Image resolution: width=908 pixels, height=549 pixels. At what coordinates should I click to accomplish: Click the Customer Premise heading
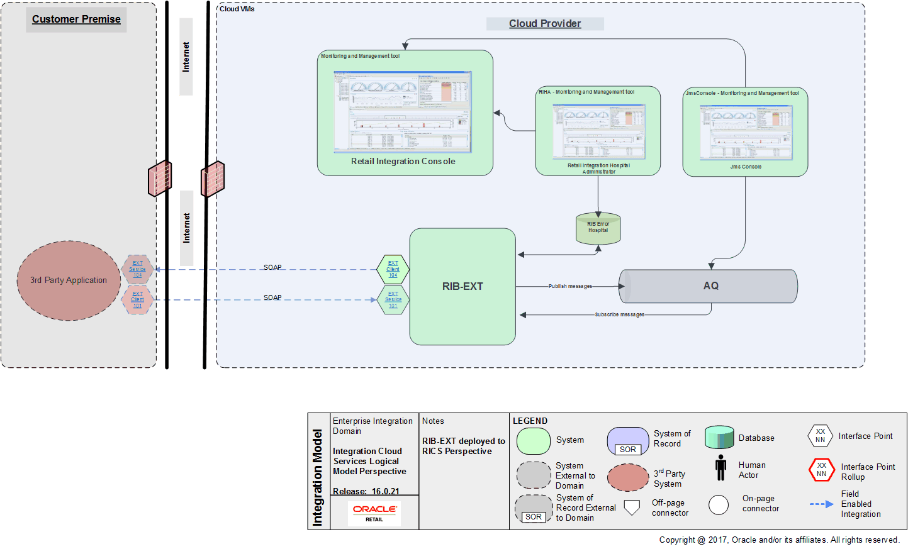(76, 19)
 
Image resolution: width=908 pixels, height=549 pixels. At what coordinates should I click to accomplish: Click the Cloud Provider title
(545, 24)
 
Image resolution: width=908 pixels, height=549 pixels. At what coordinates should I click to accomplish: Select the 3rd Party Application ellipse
(69, 280)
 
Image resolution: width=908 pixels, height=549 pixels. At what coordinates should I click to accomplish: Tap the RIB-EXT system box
(462, 287)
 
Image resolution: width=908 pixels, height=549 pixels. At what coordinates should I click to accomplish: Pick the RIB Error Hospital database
(598, 228)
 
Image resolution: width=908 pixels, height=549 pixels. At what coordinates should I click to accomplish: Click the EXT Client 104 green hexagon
(393, 269)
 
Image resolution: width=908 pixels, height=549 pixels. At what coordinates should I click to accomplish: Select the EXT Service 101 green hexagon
(393, 300)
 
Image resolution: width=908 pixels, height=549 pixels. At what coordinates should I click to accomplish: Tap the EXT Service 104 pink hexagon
(137, 269)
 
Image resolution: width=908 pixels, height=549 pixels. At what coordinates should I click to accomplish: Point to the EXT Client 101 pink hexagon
(137, 299)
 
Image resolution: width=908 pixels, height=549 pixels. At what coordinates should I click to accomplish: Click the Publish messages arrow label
(570, 286)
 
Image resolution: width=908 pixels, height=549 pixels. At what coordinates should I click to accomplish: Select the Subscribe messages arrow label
(619, 314)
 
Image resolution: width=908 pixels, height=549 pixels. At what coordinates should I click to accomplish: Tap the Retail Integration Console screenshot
(403, 112)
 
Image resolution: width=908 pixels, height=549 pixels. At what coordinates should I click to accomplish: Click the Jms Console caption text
(746, 167)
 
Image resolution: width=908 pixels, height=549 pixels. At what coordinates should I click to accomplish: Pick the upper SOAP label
(272, 267)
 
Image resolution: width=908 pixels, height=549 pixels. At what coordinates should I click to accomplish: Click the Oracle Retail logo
(374, 513)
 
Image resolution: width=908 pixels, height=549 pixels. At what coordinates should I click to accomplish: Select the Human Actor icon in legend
(721, 468)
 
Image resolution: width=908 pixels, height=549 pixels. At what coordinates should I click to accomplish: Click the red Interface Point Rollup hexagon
(821, 470)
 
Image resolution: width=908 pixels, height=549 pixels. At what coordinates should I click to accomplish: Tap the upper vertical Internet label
(186, 57)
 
